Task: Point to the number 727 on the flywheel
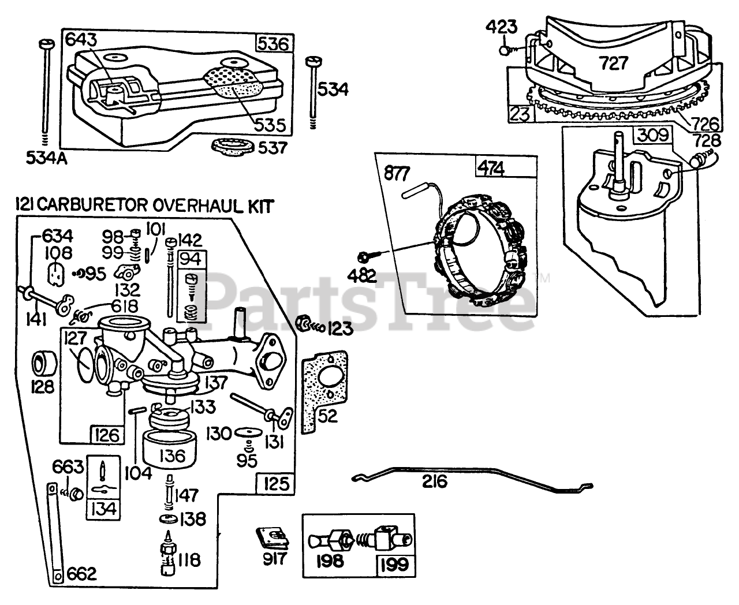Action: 613,62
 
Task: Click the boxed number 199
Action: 395,563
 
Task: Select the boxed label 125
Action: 275,483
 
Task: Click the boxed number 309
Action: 652,136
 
